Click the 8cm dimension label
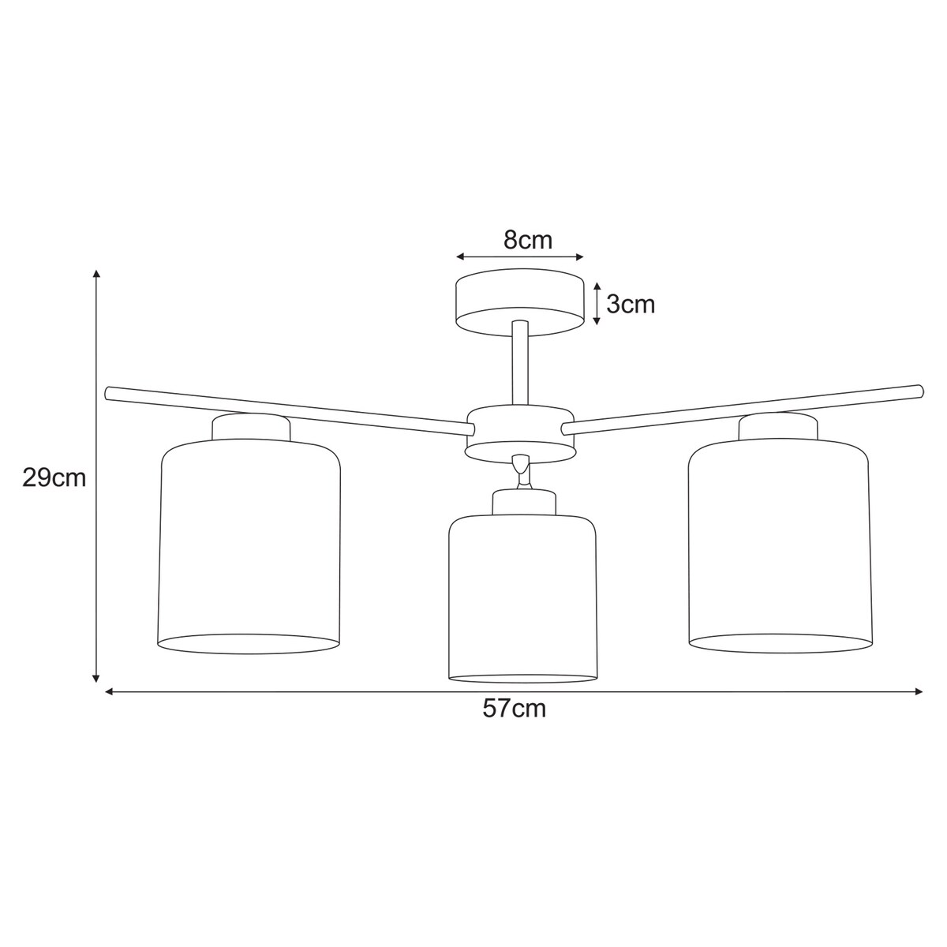(x=528, y=240)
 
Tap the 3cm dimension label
(x=631, y=304)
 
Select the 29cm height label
(x=54, y=478)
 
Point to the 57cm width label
(x=515, y=709)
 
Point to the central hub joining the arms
(x=520, y=432)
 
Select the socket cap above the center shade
(x=523, y=503)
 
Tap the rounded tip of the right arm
(x=917, y=390)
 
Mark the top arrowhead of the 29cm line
(x=96, y=273)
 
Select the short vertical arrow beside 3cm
(x=597, y=304)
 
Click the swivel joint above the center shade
(x=520, y=471)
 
